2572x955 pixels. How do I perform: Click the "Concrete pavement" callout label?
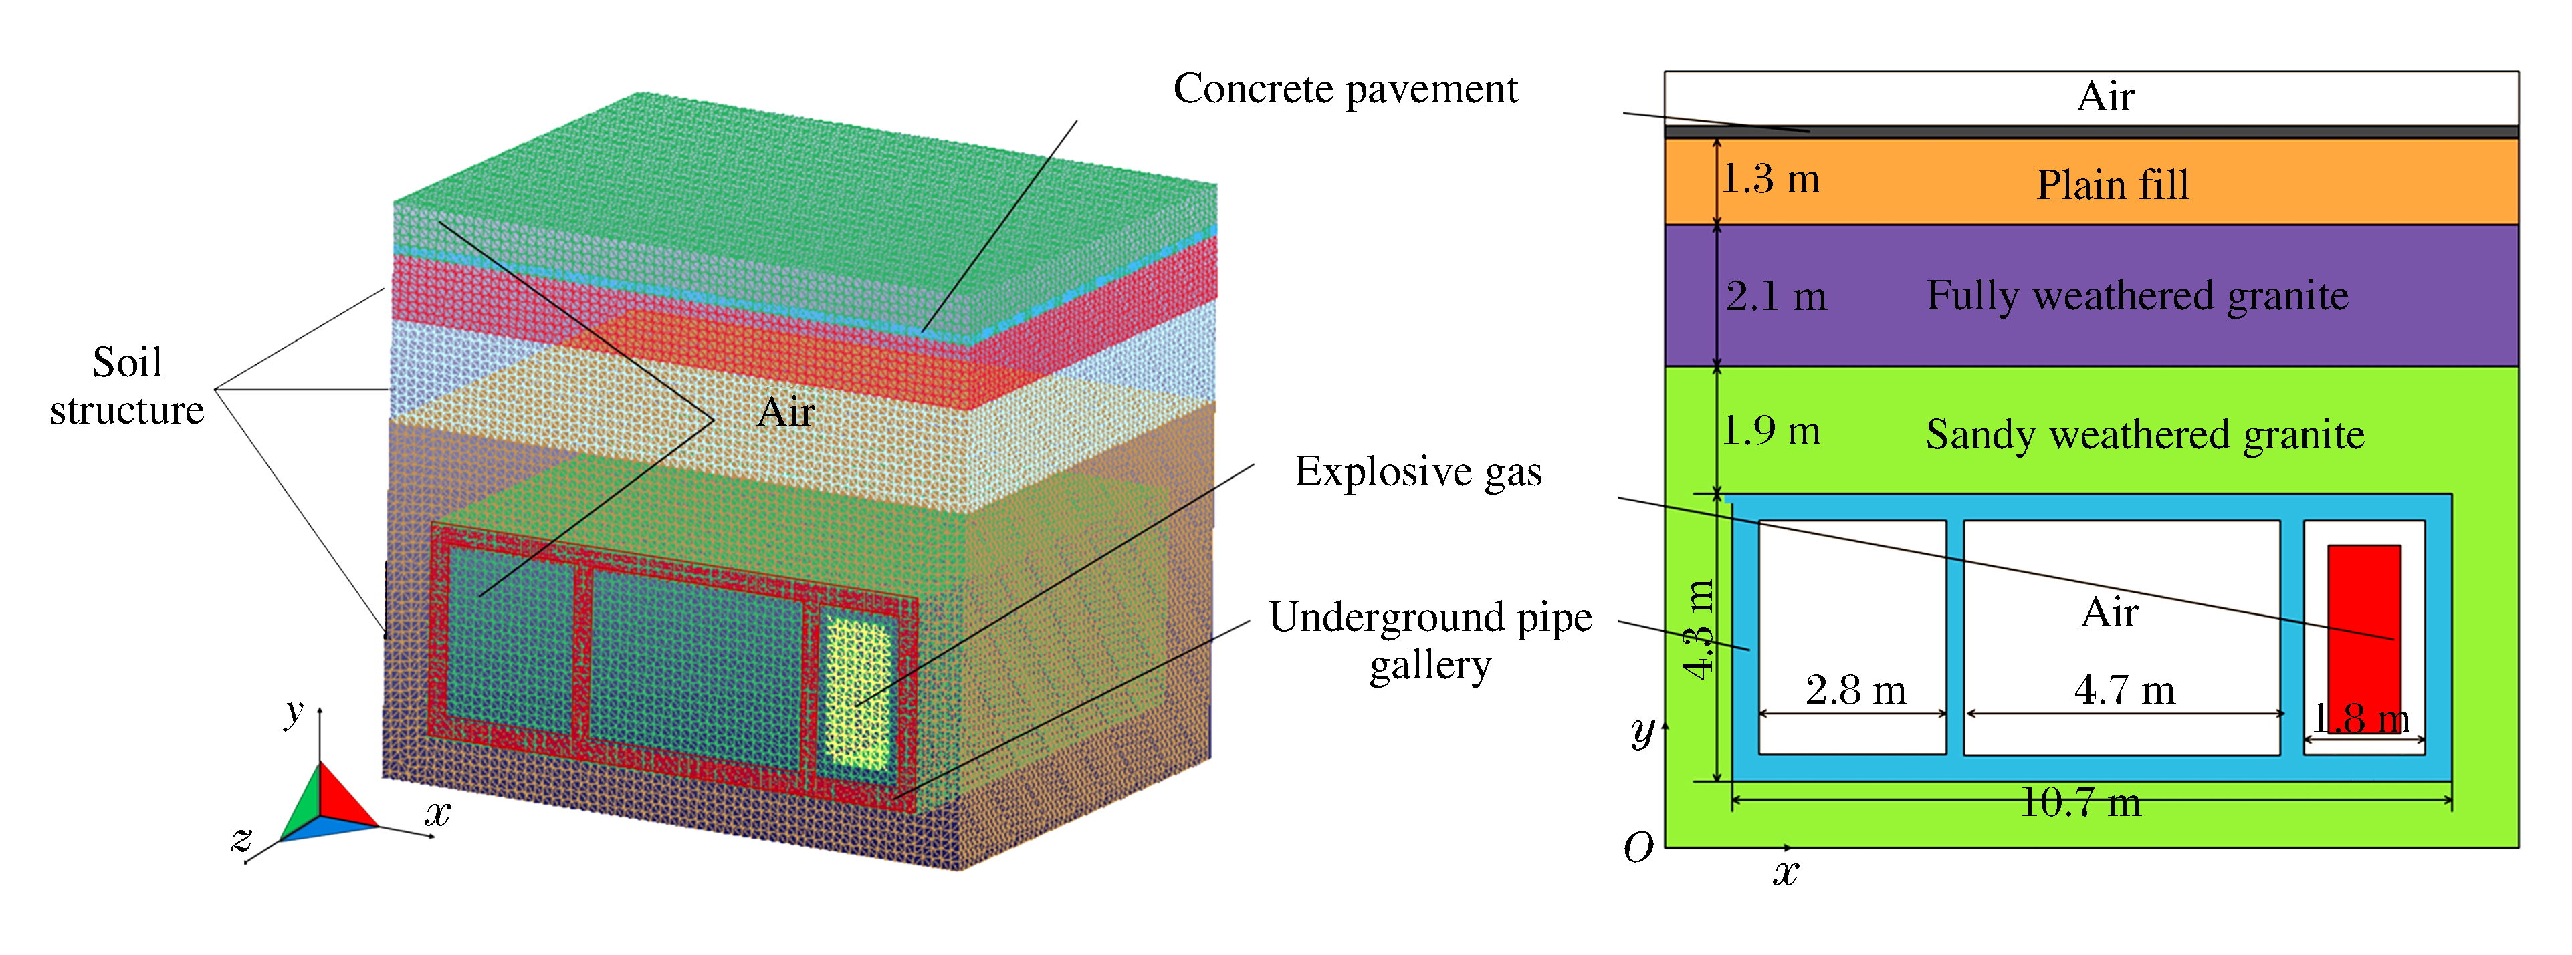pyautogui.click(x=1344, y=89)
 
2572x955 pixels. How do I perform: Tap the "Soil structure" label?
pyautogui.click(x=127, y=386)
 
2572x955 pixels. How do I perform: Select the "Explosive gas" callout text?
pyautogui.click(x=1417, y=472)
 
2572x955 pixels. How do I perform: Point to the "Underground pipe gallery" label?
pyautogui.click(x=1430, y=641)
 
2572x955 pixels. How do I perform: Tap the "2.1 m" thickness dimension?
pyautogui.click(x=1776, y=296)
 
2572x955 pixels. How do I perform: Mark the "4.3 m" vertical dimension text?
pyautogui.click(x=1699, y=629)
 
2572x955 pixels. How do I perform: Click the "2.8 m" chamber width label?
pyautogui.click(x=1855, y=690)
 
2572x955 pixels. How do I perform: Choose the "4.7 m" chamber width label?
pyautogui.click(x=2124, y=690)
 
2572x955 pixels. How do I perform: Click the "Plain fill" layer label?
pyautogui.click(x=2112, y=184)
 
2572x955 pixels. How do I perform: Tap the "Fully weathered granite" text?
pyautogui.click(x=2137, y=296)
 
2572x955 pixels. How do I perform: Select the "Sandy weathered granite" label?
pyautogui.click(x=2145, y=435)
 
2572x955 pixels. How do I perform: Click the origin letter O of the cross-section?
pyautogui.click(x=1638, y=848)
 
